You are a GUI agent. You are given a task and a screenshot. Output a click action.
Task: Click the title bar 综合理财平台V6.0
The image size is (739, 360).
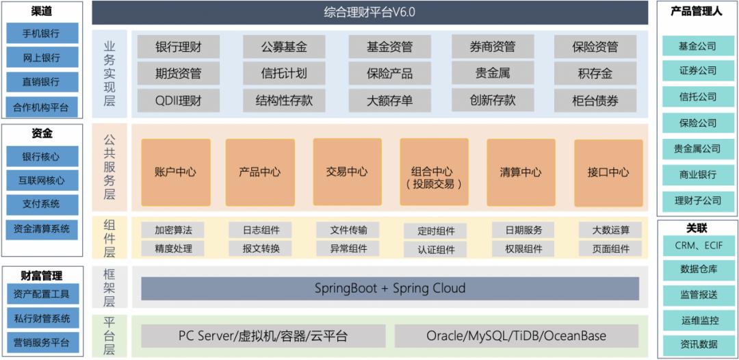tap(369, 12)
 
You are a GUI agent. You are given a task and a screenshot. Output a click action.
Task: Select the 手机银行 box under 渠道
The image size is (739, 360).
tap(42, 33)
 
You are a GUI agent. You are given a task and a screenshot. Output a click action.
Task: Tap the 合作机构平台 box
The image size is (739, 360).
tap(42, 107)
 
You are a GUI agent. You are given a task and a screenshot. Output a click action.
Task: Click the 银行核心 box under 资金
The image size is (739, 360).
tap(42, 157)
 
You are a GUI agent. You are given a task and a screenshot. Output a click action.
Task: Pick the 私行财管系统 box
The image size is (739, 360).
tap(42, 318)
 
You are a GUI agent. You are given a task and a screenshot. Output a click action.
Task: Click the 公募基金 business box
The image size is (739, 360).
tap(284, 47)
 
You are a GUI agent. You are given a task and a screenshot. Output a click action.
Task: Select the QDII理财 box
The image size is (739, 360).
tap(178, 101)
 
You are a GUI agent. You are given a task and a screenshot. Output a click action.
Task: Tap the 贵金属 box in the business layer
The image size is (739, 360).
tap(493, 73)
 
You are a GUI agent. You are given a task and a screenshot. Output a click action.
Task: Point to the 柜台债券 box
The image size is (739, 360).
tap(595, 101)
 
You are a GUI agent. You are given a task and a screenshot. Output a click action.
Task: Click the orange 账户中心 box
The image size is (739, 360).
tap(175, 172)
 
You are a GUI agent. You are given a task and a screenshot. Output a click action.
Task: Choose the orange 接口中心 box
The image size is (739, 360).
tap(608, 172)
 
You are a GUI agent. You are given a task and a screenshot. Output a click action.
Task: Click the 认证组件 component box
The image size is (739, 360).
tap(436, 250)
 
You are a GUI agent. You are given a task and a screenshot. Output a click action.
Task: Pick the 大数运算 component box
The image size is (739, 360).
tap(611, 231)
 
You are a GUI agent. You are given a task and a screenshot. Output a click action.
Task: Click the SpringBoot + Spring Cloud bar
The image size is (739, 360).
tap(390, 288)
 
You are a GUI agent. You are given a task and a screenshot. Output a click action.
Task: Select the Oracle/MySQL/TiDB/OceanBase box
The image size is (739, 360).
tap(516, 336)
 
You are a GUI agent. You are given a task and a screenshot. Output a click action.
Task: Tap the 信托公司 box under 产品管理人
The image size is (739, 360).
tap(697, 97)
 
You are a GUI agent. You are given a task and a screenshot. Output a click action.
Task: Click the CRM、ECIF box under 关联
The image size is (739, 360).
tap(698, 246)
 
